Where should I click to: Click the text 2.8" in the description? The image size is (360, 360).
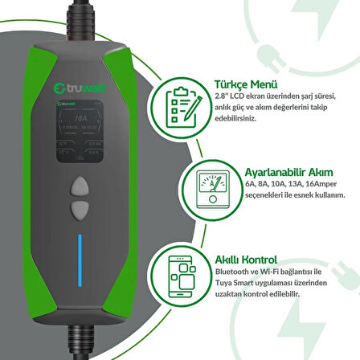click(x=219, y=95)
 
